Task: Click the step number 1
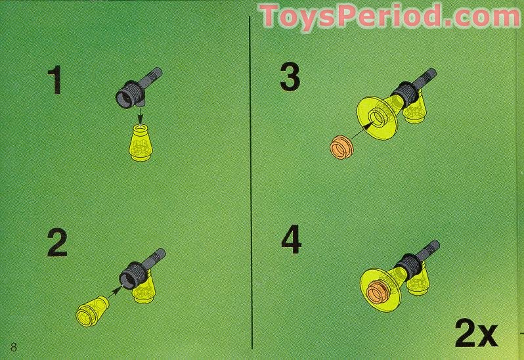pos(55,80)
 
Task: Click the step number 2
pos(57,242)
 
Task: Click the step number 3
pos(290,78)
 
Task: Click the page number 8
pos(14,347)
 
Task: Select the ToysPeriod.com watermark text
pos(389,16)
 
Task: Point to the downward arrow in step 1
pos(141,116)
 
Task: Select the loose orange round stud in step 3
pos(341,147)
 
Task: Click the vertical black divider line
pos(251,182)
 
